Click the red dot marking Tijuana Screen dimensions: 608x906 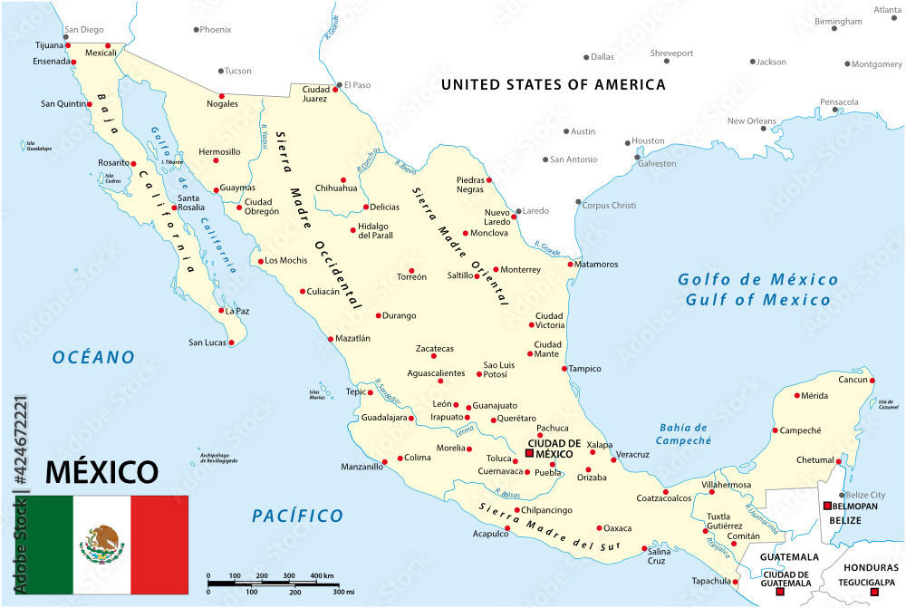(x=67, y=44)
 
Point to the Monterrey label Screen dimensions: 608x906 (x=520, y=269)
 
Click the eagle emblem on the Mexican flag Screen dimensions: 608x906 (x=102, y=543)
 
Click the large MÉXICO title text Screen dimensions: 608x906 (x=101, y=472)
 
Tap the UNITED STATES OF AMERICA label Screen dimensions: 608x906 (x=553, y=84)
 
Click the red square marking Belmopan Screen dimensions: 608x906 (x=826, y=506)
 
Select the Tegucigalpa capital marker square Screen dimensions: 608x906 (x=873, y=593)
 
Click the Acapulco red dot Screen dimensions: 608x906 (x=507, y=527)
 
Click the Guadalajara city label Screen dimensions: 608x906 (x=385, y=418)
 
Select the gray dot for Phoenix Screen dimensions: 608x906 (x=196, y=30)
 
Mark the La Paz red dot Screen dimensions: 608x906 (x=220, y=311)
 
